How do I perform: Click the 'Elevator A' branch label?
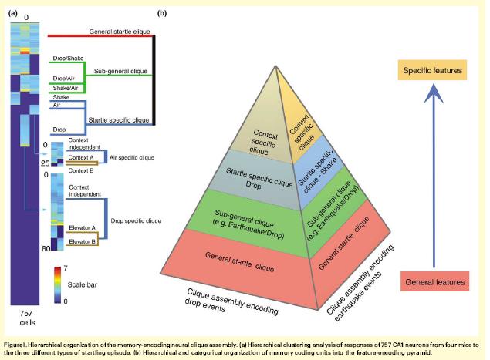[x=81, y=228]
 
